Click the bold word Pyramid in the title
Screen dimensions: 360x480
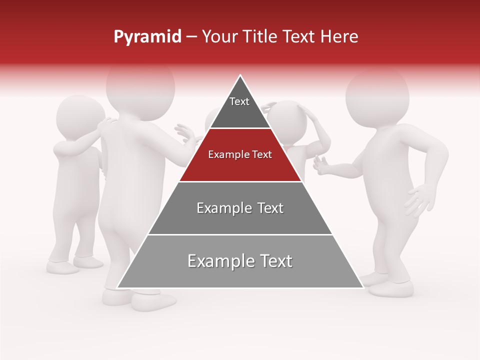point(147,37)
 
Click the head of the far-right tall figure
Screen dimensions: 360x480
point(377,95)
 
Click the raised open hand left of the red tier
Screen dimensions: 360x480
point(186,134)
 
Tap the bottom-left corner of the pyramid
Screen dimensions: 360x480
point(118,287)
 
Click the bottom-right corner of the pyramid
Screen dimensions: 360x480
point(362,287)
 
